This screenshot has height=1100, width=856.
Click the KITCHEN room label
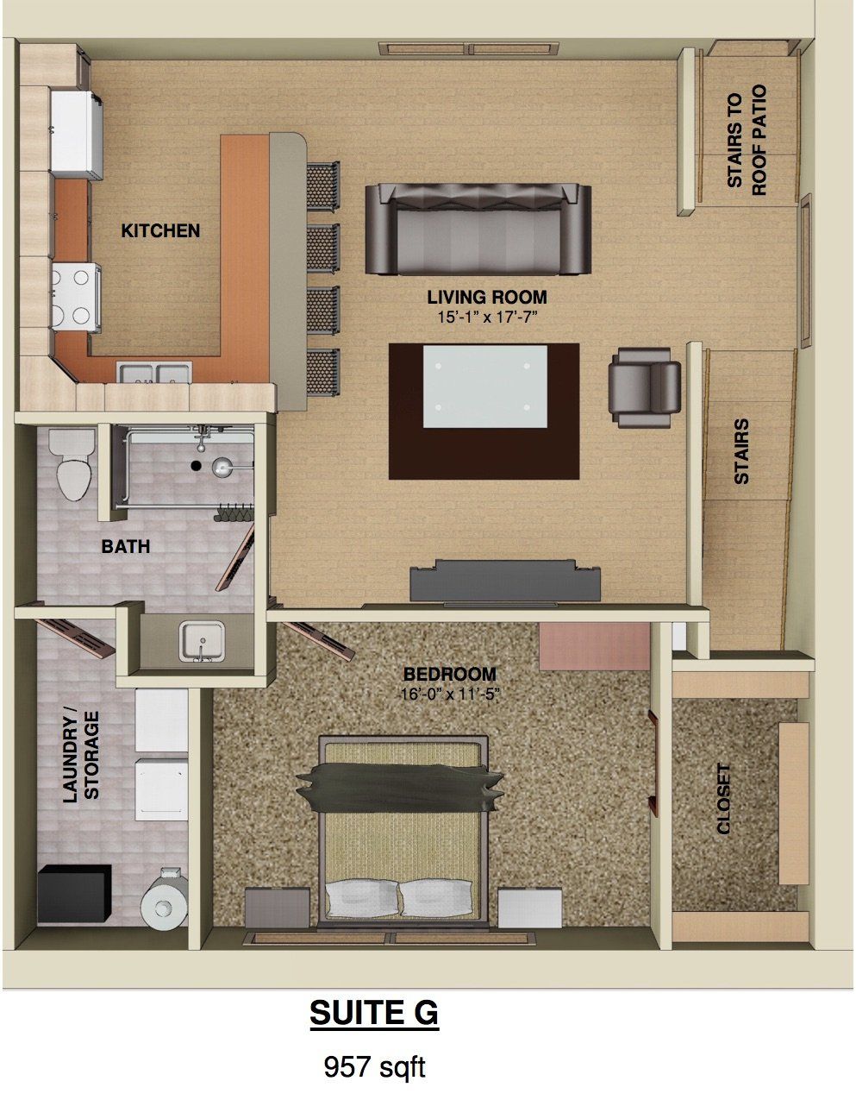point(160,230)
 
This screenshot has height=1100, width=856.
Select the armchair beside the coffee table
point(644,387)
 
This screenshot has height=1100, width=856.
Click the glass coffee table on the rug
point(484,387)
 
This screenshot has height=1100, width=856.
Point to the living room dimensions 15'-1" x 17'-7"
point(487,317)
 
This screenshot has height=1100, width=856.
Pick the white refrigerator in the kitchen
point(77,135)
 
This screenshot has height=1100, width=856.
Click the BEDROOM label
point(450,674)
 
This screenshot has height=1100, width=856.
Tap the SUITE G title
point(374,1013)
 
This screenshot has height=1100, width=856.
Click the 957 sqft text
point(374,1067)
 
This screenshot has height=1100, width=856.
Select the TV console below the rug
point(504,581)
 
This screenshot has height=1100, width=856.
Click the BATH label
point(126,546)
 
